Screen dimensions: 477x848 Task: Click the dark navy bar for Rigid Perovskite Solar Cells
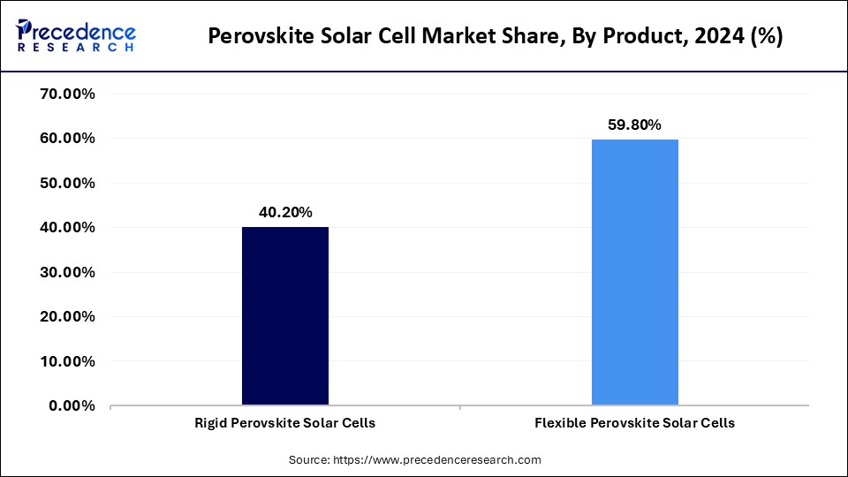point(284,316)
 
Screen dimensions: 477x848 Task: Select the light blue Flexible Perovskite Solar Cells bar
point(634,272)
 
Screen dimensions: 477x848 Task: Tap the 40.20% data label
point(284,212)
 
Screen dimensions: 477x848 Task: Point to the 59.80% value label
point(634,125)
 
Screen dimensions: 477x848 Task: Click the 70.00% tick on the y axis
point(68,94)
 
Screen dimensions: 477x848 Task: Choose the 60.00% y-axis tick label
point(68,139)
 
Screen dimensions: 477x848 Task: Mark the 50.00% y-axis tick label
point(68,183)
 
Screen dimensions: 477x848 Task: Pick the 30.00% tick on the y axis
point(68,272)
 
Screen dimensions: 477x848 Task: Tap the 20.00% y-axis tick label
point(68,316)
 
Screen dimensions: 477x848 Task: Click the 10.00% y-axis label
point(68,361)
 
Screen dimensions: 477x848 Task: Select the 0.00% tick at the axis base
point(72,405)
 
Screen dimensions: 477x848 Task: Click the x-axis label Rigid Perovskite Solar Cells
point(284,423)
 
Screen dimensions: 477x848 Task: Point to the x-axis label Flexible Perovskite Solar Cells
point(634,423)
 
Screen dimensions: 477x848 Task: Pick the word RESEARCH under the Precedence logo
point(75,47)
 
